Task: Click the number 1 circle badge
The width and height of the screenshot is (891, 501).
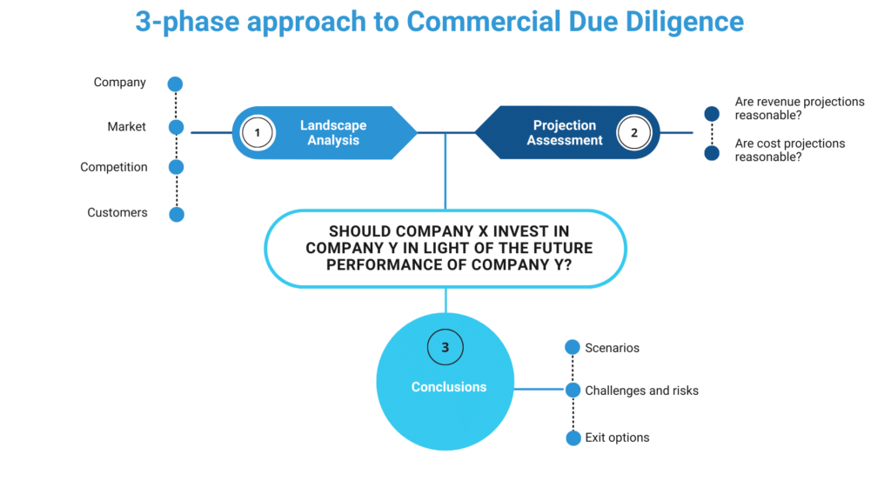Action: (258, 133)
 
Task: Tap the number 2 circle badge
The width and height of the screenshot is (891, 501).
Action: (633, 133)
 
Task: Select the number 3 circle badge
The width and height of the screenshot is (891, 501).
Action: (445, 348)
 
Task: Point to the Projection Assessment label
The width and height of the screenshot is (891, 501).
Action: (565, 133)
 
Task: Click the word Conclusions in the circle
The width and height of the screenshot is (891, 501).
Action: (449, 387)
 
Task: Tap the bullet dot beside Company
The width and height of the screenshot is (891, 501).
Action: (176, 84)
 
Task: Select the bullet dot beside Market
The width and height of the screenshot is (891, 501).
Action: (176, 128)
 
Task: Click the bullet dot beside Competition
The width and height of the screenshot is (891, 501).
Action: (176, 168)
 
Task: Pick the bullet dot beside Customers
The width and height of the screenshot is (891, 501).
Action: (176, 214)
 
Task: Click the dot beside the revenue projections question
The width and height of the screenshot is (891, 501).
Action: (712, 114)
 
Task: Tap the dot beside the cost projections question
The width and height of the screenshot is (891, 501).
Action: (712, 154)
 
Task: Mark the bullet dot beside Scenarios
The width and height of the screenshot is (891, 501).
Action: (572, 348)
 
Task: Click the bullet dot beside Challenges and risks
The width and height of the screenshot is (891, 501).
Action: (572, 391)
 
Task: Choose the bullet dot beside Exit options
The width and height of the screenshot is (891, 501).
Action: (572, 438)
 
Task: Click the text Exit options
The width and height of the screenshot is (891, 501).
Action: (617, 438)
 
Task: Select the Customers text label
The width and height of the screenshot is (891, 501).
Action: (117, 213)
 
